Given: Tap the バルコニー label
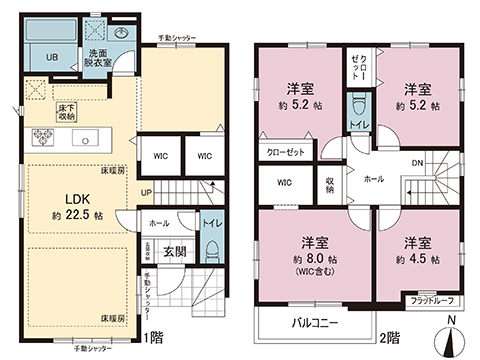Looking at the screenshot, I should (316, 323).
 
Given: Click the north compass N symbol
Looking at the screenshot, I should (454, 322).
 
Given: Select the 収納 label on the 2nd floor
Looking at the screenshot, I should (331, 184).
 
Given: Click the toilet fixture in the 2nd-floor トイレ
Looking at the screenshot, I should (358, 105).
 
